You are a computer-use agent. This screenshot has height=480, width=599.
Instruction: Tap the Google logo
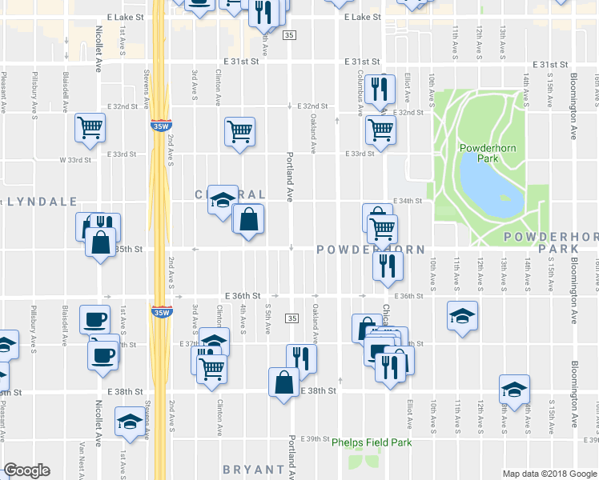[x=26, y=470]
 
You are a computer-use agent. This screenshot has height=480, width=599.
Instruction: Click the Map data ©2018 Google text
[x=549, y=474]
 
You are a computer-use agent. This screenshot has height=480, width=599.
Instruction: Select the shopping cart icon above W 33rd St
[x=90, y=126]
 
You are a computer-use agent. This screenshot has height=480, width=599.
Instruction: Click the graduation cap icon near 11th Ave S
[x=463, y=316]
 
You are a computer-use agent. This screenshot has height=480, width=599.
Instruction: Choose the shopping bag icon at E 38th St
[x=284, y=382]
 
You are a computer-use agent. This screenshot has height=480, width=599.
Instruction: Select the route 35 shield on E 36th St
[x=291, y=318]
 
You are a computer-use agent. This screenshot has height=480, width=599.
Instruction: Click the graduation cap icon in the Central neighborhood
[x=223, y=200]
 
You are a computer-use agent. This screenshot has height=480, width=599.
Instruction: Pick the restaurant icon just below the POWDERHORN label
[x=387, y=266]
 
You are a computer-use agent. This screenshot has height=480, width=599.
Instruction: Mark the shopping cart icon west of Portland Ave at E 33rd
[x=239, y=130]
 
